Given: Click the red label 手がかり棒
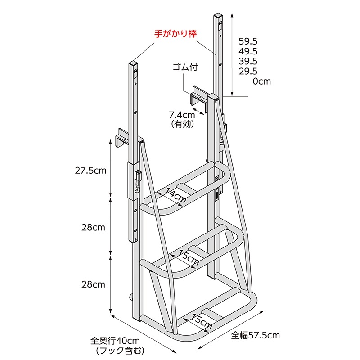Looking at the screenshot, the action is pos(175,34).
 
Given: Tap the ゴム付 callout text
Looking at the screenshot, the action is pos(185,67).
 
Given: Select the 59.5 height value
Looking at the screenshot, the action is pos(248,41).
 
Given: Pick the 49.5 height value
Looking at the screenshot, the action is pos(248,51).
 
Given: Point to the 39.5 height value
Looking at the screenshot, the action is pos(248,61).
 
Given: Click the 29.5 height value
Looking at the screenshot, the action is pos(248,72).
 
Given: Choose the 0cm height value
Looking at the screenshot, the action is pos(262,81).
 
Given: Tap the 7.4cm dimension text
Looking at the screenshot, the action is pos(182,115).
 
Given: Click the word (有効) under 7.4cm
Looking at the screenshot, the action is pos(183,124).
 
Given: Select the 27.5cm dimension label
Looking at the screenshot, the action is pos(91,171).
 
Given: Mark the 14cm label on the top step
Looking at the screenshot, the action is pos(175,195).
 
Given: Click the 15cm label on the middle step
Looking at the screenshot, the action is pos(189,257).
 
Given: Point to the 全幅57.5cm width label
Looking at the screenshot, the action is pos(255,335).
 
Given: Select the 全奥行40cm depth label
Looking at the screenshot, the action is pos(115,341).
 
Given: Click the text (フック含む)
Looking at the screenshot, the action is pos(120,351).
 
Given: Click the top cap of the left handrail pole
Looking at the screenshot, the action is pos(133,63).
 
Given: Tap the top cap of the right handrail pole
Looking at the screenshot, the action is pos(218,15).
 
